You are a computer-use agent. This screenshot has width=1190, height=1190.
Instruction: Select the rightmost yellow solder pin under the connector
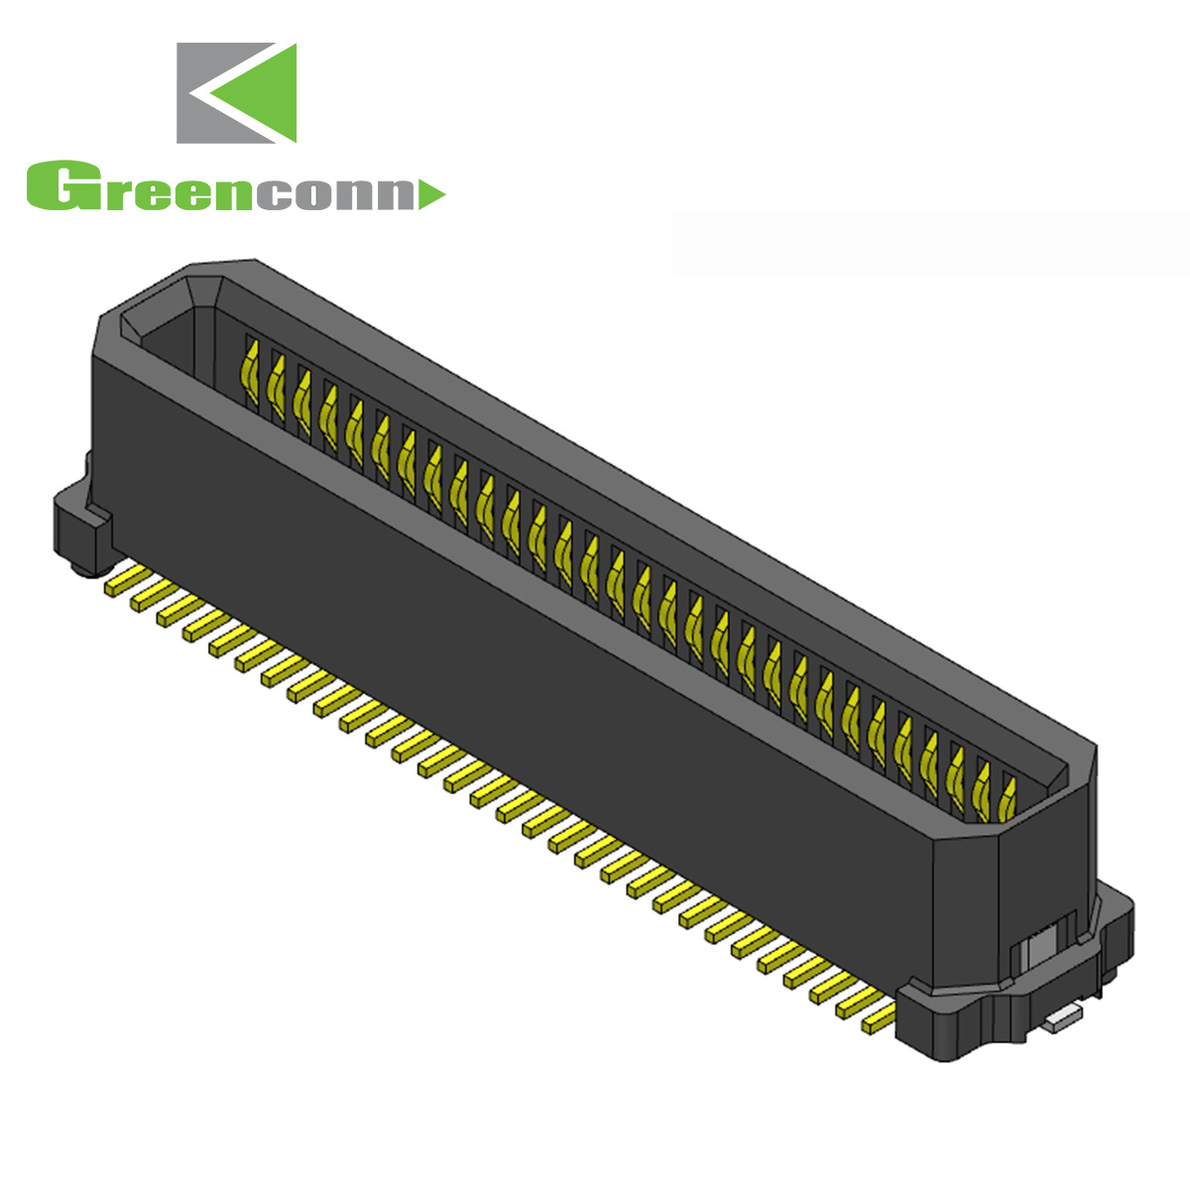click(878, 1016)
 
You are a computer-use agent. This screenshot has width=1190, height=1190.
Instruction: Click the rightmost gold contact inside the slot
click(1009, 798)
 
